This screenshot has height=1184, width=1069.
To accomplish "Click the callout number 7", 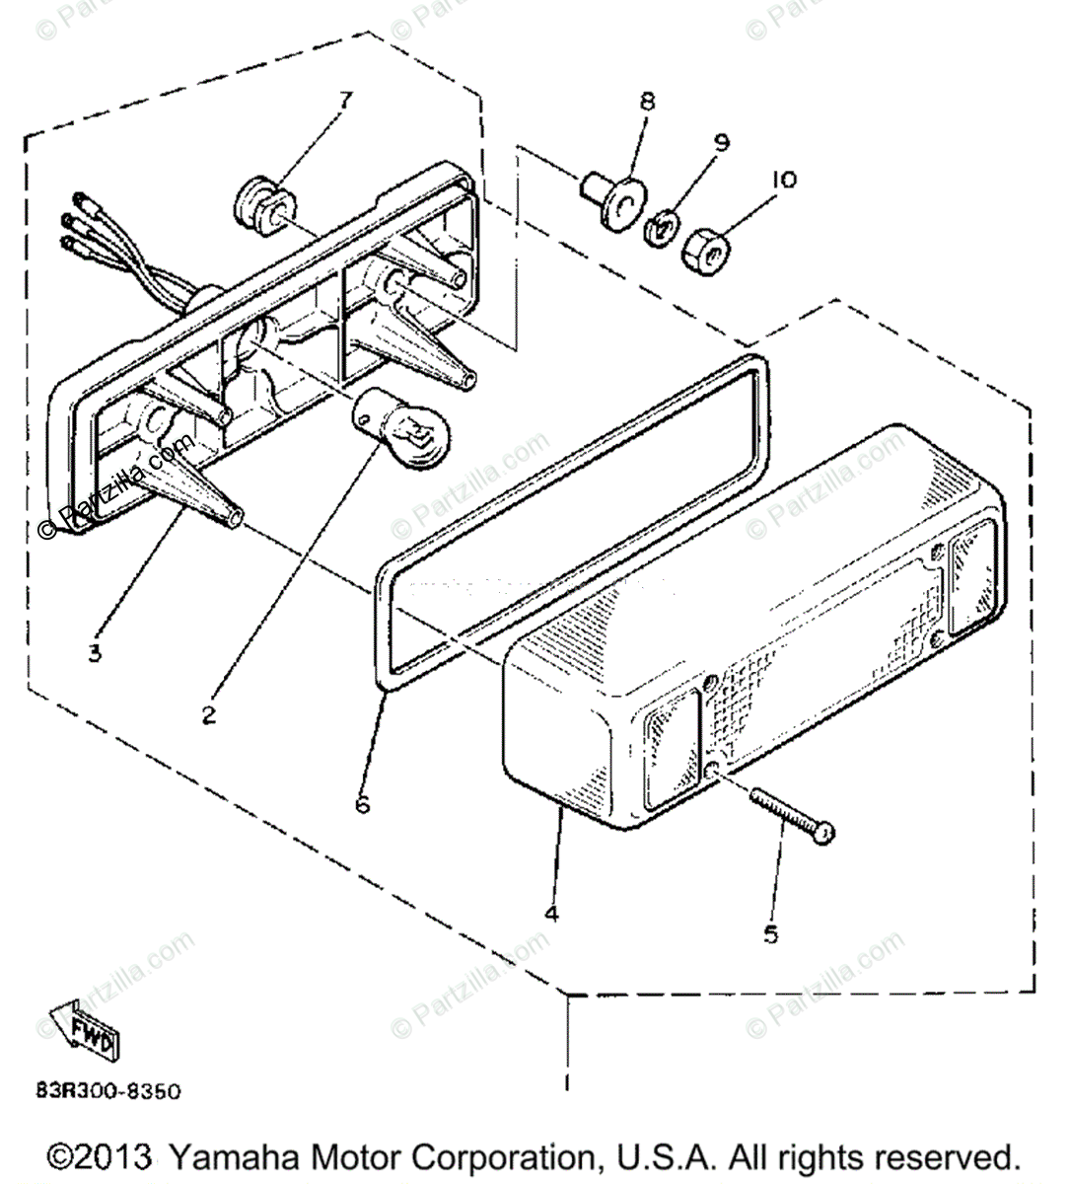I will click(344, 100).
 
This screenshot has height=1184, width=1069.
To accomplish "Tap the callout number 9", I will click(722, 142).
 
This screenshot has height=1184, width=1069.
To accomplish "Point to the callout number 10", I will click(785, 180).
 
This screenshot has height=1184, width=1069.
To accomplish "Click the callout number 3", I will click(95, 652).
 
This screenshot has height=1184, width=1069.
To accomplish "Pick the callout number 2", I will click(208, 715).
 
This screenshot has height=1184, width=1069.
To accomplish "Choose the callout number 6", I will click(363, 805).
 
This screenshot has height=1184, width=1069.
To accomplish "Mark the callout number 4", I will click(551, 913).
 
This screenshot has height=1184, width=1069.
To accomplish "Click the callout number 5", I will click(771, 932).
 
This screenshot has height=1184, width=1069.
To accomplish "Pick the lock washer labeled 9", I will click(660, 231).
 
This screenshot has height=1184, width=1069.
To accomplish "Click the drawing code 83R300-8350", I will click(108, 1091).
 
